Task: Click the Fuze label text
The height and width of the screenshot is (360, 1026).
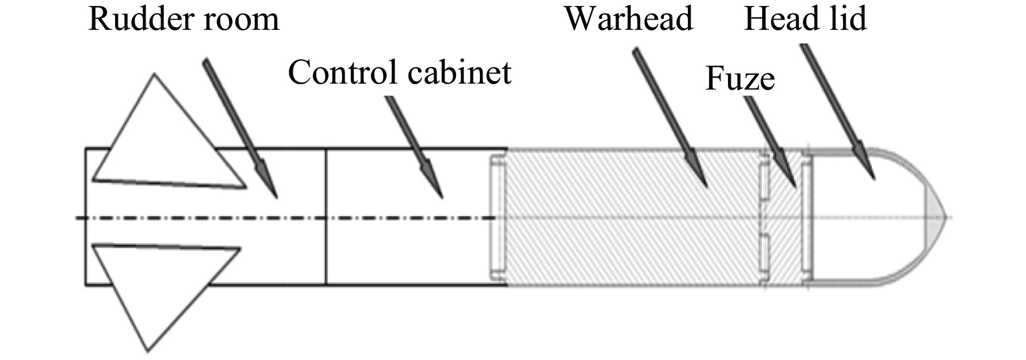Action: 739,79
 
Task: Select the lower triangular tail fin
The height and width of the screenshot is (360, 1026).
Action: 157,288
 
